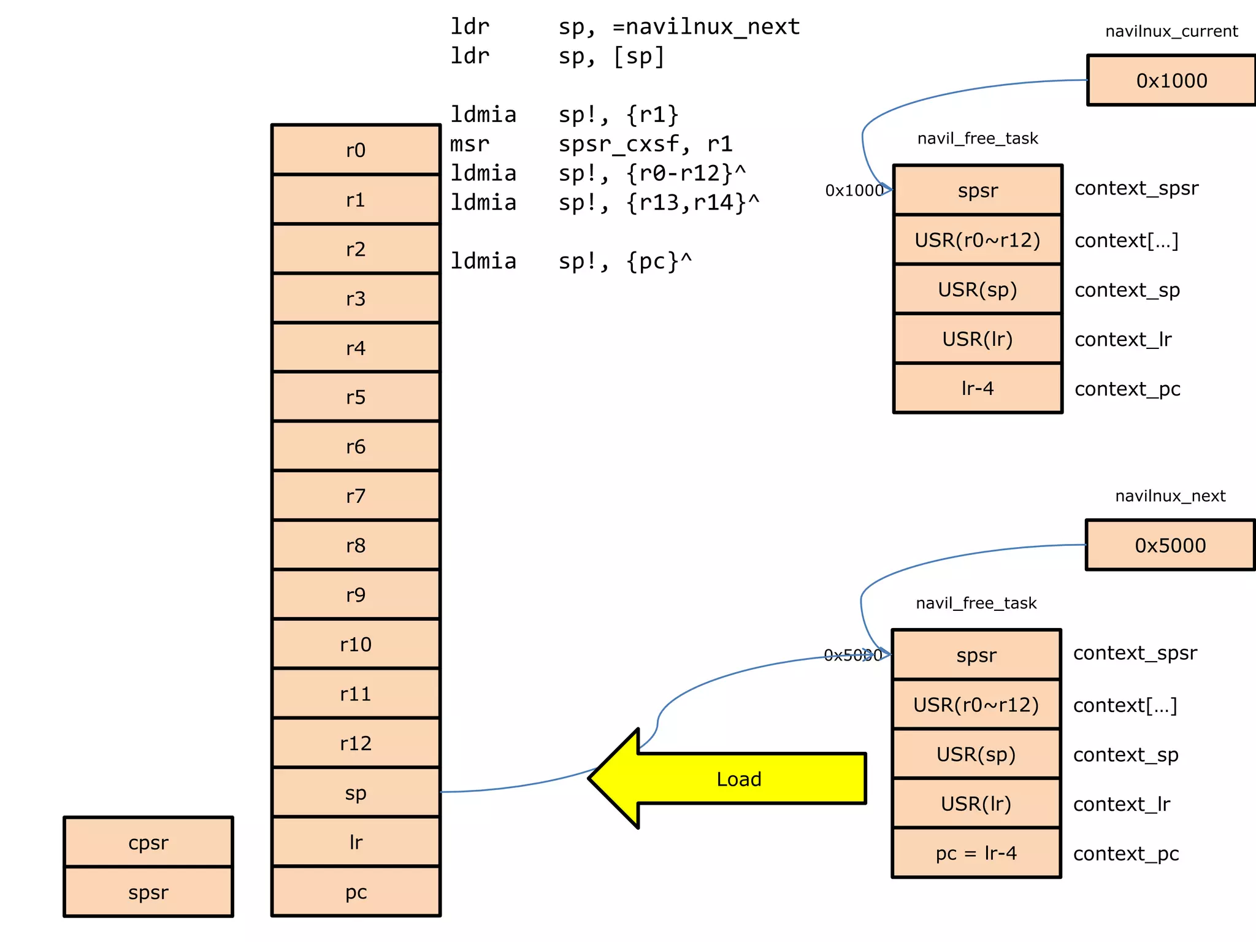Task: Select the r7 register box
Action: pyautogui.click(x=356, y=496)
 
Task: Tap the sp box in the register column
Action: pyautogui.click(x=356, y=792)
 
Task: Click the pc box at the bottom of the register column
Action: pyautogui.click(x=356, y=892)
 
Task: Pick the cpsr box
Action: pyautogui.click(x=148, y=843)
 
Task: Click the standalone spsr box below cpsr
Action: pyautogui.click(x=148, y=892)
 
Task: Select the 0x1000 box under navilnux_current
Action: pyautogui.click(x=1171, y=80)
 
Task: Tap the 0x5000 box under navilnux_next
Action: pyautogui.click(x=1170, y=545)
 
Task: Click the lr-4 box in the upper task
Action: pyautogui.click(x=978, y=388)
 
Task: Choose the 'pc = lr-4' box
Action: pyautogui.click(x=976, y=853)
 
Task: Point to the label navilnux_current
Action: pyautogui.click(x=1171, y=31)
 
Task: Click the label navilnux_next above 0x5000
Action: pyautogui.click(x=1170, y=496)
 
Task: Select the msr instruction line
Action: pyautogui.click(x=591, y=144)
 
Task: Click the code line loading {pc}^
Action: pyautogui.click(x=571, y=261)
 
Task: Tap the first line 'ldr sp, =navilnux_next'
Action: pyautogui.click(x=624, y=26)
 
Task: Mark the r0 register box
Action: pyautogui.click(x=356, y=150)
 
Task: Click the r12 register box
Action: pyautogui.click(x=356, y=743)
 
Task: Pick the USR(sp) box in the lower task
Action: pyautogui.click(x=976, y=754)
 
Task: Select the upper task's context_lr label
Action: pyautogui.click(x=1122, y=339)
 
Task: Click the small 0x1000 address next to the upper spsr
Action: pyautogui.click(x=854, y=191)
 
